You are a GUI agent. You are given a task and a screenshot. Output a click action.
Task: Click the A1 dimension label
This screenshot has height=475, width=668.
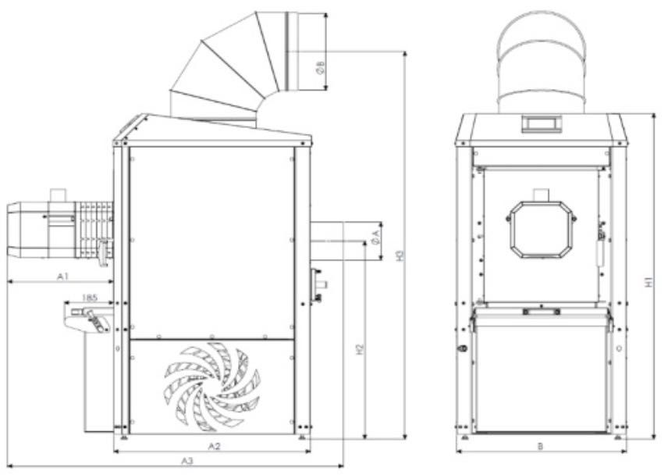62,277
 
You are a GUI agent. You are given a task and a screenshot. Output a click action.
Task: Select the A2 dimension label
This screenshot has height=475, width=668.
214,446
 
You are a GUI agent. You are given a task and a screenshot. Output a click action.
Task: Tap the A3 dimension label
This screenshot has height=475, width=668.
187,461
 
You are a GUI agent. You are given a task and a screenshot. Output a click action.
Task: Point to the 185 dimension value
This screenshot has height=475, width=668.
90,298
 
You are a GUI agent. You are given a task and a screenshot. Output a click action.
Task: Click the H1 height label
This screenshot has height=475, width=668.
648,282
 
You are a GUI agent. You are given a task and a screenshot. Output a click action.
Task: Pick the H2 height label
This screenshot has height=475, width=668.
360,349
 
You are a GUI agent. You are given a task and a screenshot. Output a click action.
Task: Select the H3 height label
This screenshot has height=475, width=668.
400,255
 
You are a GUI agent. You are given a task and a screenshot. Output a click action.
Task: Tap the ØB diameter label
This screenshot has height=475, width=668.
321,67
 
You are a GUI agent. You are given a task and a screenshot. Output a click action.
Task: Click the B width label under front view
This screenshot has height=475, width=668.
540,446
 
